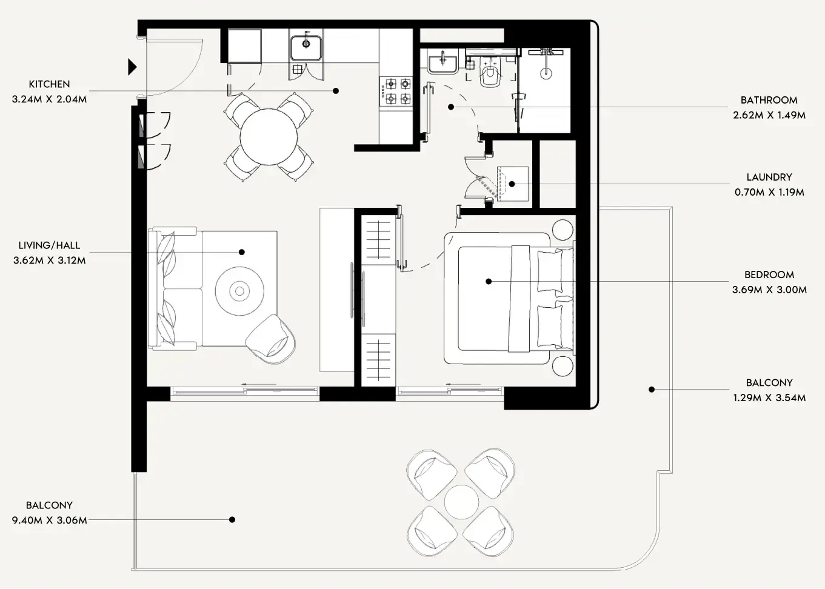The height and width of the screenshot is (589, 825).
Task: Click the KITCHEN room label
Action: point(49,84)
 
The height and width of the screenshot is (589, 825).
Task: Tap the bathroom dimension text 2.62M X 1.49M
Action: point(769,115)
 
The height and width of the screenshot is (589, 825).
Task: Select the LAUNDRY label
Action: point(769,177)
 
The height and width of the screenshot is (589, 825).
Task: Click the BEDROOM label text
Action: point(769,275)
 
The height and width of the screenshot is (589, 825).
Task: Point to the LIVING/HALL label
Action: point(49,245)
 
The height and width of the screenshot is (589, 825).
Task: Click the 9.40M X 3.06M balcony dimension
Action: point(49,520)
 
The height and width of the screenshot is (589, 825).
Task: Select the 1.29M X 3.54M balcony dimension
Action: point(769,398)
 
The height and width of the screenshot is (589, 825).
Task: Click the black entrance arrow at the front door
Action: point(132,67)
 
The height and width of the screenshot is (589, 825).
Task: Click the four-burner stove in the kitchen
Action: point(395,91)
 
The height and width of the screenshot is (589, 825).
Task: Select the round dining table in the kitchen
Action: point(269,137)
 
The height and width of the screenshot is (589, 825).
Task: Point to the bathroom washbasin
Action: point(443,62)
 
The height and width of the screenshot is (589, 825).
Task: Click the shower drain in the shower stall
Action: point(546,73)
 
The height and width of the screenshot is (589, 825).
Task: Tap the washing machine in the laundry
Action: point(512,184)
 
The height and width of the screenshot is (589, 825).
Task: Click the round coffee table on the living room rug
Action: point(240,291)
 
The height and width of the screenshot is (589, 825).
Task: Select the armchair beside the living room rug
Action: point(272,339)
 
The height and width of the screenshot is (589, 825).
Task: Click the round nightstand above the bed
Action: point(563,230)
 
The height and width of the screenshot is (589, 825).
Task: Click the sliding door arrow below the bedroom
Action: point(464,384)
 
